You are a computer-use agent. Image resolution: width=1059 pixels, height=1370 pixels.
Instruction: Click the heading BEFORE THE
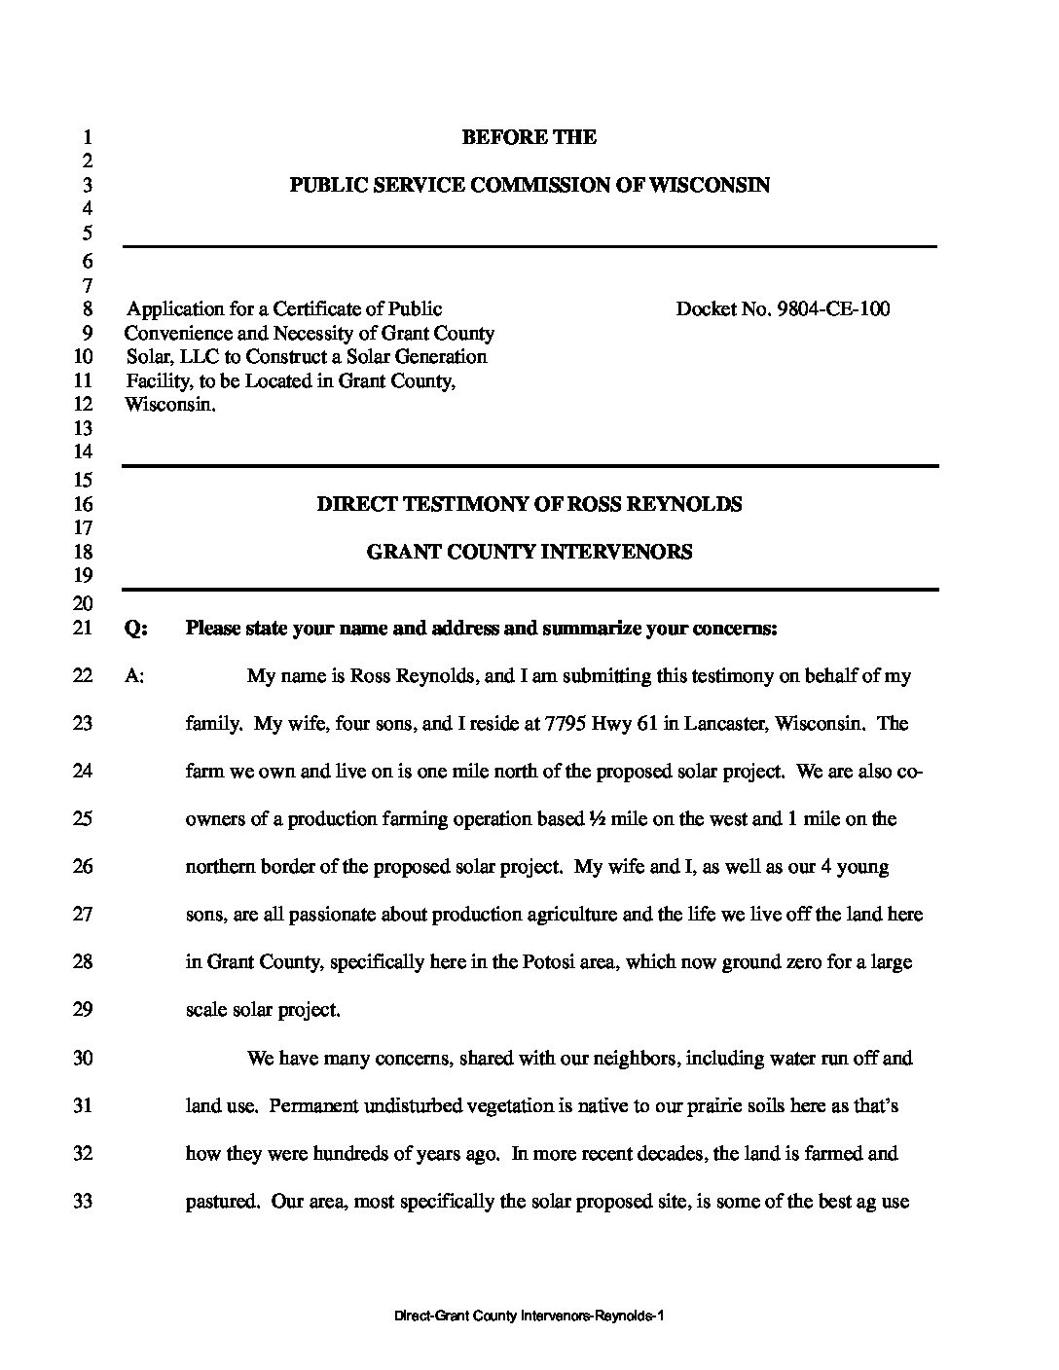pos(529,137)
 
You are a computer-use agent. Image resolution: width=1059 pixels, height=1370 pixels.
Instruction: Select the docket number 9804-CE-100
pos(833,309)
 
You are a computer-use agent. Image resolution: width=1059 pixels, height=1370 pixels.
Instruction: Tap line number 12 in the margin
pos(84,404)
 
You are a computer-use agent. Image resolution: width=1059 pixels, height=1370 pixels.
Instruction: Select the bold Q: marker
pos(136,629)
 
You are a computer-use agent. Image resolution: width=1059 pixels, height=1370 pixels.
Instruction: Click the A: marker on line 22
pos(135,676)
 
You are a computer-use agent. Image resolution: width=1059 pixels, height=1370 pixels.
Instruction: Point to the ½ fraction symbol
pos(597,819)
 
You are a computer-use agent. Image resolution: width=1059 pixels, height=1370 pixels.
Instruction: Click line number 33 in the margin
pos(84,1202)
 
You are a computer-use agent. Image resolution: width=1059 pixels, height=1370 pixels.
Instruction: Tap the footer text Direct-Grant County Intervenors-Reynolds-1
pos(529,1316)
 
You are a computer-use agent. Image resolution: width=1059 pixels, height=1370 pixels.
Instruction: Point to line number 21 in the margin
pos(84,629)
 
